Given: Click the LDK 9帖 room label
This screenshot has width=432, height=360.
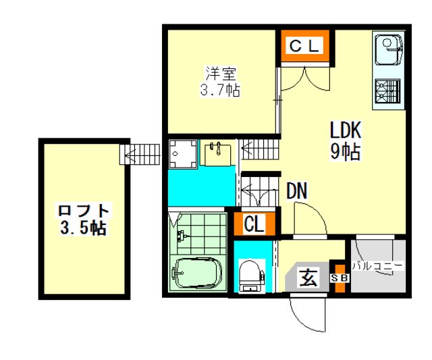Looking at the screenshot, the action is pyautogui.click(x=346, y=141).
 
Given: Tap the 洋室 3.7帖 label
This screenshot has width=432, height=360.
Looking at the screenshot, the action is pyautogui.click(x=220, y=82).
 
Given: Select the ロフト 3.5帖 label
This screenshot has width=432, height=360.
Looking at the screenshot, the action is pyautogui.click(x=84, y=219).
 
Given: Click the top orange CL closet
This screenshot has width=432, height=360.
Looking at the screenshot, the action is pyautogui.click(x=305, y=46).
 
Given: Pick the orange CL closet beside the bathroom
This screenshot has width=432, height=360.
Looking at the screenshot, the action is pyautogui.click(x=254, y=224).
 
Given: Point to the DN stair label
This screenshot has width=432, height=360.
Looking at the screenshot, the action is pyautogui.click(x=297, y=190).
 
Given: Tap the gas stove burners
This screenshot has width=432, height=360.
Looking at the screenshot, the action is pyautogui.click(x=388, y=91).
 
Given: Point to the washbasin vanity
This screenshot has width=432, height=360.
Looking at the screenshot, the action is pyautogui.click(x=218, y=154).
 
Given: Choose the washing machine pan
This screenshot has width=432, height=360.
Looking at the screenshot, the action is pyautogui.click(x=183, y=154).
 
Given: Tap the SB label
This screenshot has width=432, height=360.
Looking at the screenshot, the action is pyautogui.click(x=340, y=278).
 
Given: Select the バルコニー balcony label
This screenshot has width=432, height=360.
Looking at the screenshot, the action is pyautogui.click(x=378, y=267).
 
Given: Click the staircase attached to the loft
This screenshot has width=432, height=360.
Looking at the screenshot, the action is pyautogui.click(x=140, y=155).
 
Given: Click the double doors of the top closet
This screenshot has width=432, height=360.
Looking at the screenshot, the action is pyautogui.click(x=305, y=78).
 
